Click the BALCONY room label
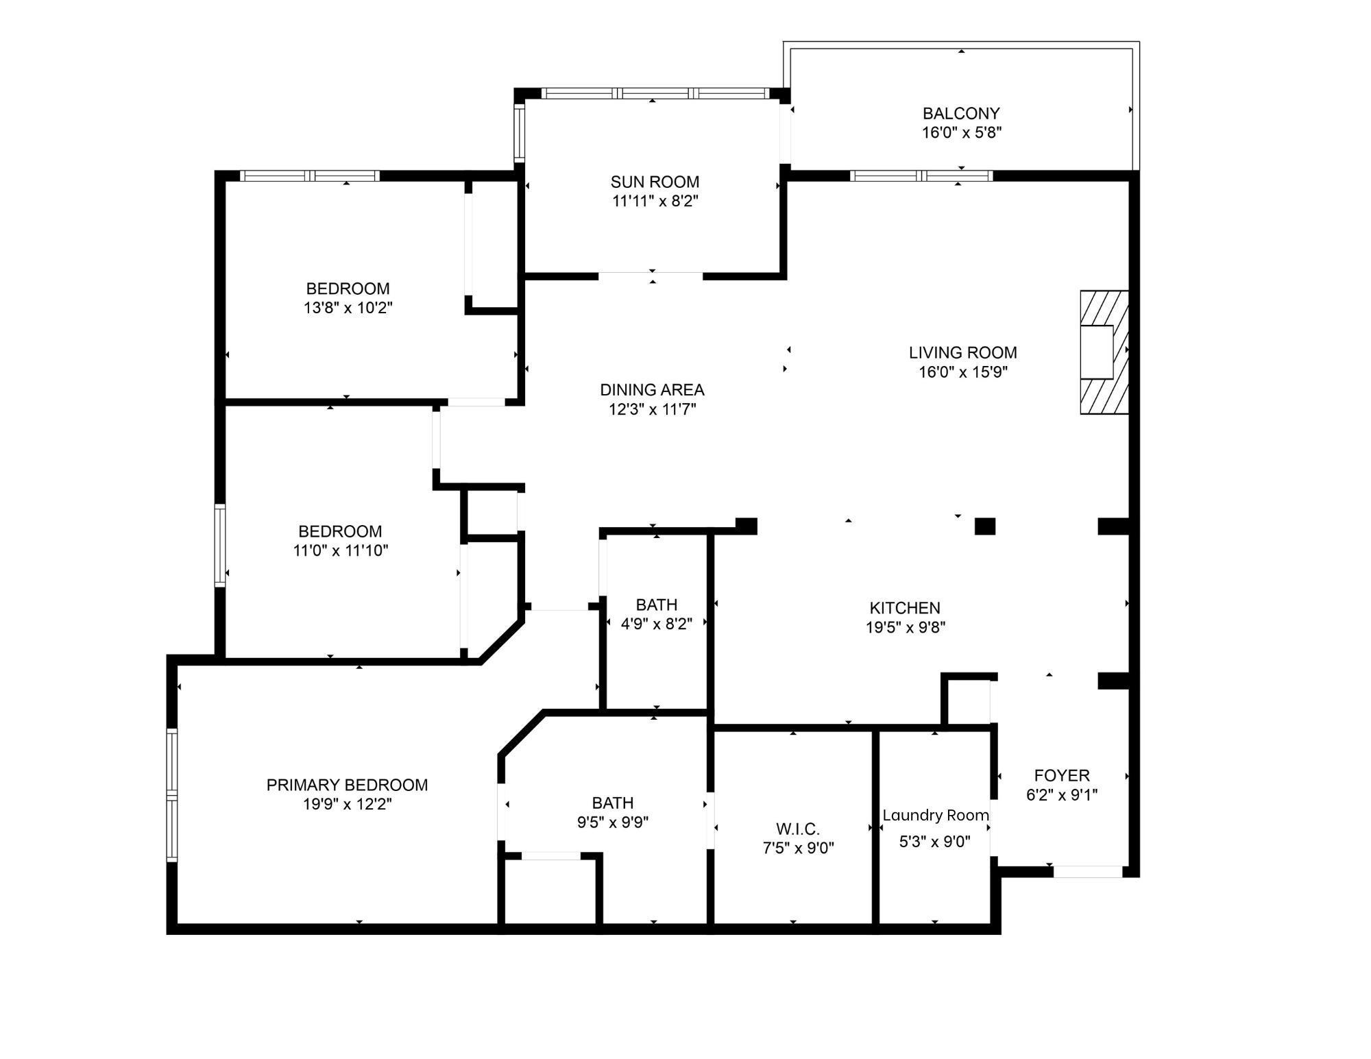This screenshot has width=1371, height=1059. [x=961, y=113]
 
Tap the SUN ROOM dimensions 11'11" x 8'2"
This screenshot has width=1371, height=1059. [x=655, y=201]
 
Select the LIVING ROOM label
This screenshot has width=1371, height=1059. [x=962, y=352]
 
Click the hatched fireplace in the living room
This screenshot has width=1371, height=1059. [x=1104, y=352]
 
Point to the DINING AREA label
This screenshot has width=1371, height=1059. [x=652, y=389]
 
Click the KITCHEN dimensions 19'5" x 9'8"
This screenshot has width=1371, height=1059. [x=905, y=627]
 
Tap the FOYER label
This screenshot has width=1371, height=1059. [x=1061, y=775]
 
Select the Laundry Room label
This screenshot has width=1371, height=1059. [x=935, y=815]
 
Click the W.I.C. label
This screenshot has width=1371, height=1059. [x=797, y=829]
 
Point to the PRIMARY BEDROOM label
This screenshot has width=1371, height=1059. [x=347, y=785]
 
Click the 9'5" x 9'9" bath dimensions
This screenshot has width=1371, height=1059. [x=612, y=822]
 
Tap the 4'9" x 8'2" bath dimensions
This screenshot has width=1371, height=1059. [x=656, y=624]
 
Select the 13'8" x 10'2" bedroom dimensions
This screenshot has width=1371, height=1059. [x=348, y=308]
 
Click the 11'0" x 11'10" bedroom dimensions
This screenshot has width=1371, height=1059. [x=340, y=550]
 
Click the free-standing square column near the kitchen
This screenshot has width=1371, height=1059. [x=984, y=526]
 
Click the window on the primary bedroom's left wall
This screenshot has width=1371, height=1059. [x=172, y=795]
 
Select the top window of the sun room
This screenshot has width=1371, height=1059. [x=655, y=93]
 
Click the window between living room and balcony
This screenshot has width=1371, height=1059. [x=921, y=176]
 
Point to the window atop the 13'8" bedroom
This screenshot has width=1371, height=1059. [x=310, y=176]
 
